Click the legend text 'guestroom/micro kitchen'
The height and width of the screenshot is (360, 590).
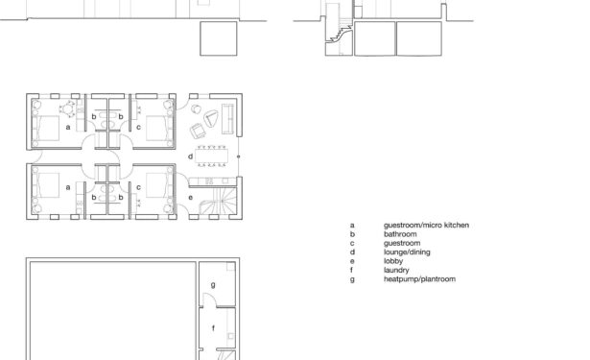426,226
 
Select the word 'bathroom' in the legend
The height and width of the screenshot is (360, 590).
400,234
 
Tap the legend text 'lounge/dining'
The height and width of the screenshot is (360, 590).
407,252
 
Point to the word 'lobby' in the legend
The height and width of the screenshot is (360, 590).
393,261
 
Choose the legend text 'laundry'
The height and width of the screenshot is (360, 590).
396,271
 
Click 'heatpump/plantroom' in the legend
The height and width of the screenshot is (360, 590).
419,279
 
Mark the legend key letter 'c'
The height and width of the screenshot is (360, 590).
352,244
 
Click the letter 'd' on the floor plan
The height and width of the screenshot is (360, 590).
190,156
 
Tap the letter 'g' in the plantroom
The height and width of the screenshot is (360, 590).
213,285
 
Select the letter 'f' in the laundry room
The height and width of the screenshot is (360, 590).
213,328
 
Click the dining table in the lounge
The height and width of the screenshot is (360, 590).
211,156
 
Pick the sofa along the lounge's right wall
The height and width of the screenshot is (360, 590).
227,119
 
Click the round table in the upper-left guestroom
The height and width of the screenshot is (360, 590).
68,109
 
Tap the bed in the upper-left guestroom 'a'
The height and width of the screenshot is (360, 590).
45,128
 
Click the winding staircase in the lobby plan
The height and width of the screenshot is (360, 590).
219,202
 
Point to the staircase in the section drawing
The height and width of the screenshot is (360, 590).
340,30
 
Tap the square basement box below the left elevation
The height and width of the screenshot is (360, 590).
219,38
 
